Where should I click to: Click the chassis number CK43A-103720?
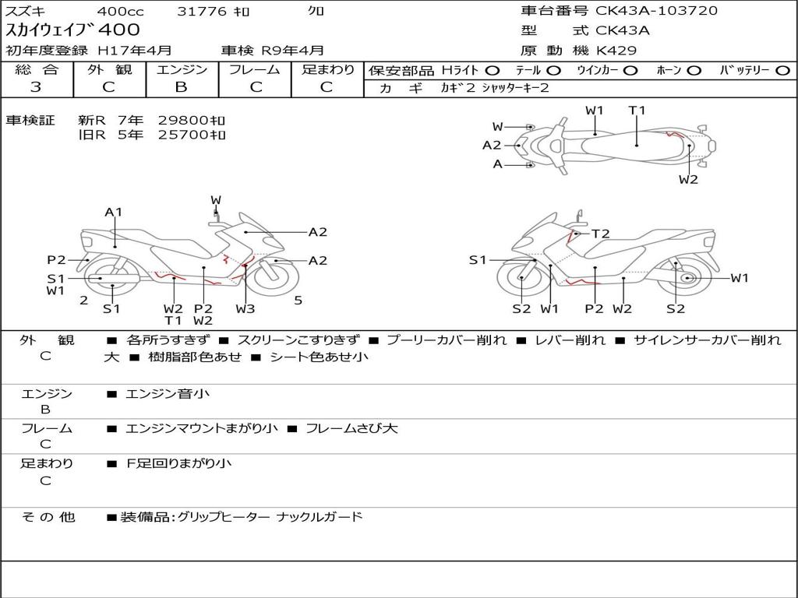click(x=656, y=11)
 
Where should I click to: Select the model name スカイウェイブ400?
click(x=73, y=30)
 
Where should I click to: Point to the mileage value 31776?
click(x=202, y=11)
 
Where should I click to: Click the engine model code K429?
click(x=616, y=51)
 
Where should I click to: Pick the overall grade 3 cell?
click(x=36, y=86)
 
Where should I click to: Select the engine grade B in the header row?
click(x=181, y=86)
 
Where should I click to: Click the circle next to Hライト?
click(x=493, y=70)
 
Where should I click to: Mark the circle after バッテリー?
click(x=782, y=70)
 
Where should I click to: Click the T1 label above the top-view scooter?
click(x=637, y=111)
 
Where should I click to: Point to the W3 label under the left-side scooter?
click(x=245, y=308)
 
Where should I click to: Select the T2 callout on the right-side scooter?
click(x=600, y=234)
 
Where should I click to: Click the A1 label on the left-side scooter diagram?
click(x=114, y=212)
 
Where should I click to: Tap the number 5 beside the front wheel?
click(x=298, y=300)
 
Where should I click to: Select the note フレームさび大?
click(x=351, y=428)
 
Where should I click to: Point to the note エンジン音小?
click(x=168, y=394)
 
